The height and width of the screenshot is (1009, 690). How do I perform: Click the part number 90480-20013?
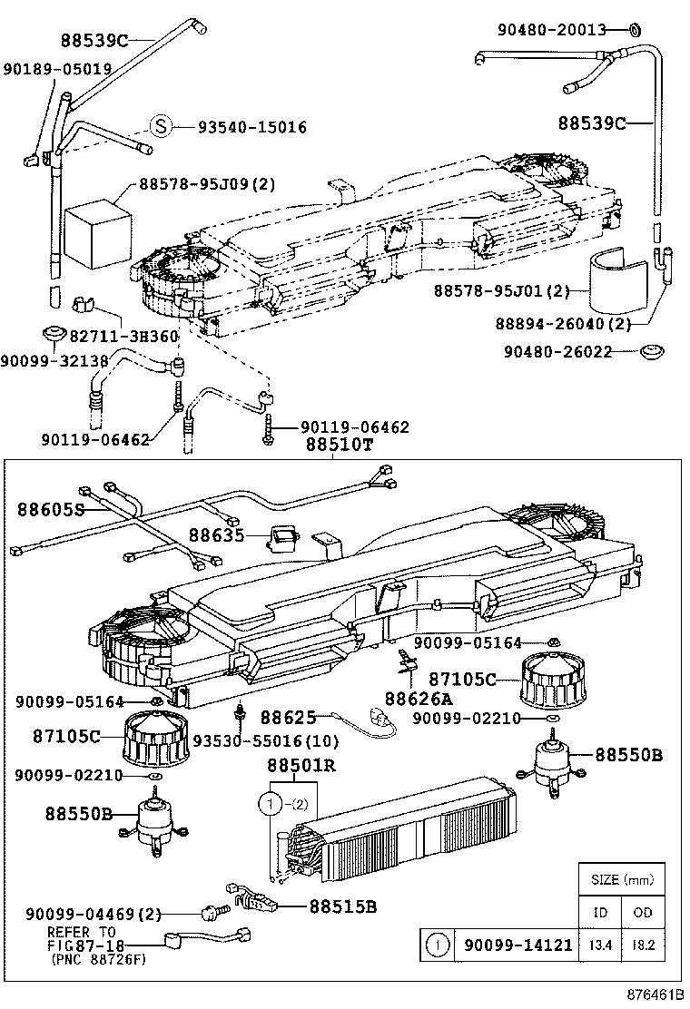pos(551,30)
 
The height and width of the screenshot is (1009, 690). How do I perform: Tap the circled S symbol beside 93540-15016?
pos(161,127)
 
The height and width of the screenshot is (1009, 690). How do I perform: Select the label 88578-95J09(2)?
pos(206,184)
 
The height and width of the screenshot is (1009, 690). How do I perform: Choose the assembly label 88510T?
pos(336,446)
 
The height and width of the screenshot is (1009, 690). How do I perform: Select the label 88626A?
pos(418,699)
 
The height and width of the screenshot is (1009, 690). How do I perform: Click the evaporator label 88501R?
pos(301,766)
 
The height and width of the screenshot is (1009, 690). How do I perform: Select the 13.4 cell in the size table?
pos(599,945)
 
